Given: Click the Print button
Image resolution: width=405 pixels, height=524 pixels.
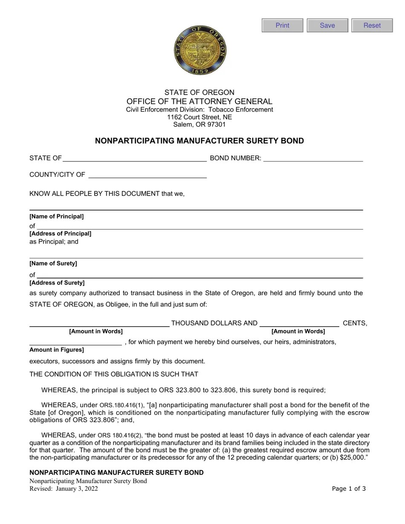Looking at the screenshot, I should coord(282,26).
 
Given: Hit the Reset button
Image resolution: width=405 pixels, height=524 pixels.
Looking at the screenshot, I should coord(372,26).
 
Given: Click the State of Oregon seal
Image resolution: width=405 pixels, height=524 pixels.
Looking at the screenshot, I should coord(200,50).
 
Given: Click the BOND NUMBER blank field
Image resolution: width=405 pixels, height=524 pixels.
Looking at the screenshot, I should coord(313,158).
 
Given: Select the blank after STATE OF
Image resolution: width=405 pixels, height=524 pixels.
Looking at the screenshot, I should coord(135,158).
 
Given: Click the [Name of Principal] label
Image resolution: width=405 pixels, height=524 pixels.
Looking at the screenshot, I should coord(57,216).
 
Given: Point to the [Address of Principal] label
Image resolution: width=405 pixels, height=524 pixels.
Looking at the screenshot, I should coord(60,233).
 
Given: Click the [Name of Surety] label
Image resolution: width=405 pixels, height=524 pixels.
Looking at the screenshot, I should coord(53,263).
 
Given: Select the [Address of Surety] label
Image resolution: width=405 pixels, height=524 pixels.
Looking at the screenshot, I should coord(57,283).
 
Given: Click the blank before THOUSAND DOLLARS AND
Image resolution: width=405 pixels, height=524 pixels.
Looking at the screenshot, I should coord(99,323).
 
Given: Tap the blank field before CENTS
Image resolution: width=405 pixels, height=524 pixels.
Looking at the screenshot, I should coord(299,323).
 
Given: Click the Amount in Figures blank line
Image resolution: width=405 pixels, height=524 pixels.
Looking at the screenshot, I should coord(75,342).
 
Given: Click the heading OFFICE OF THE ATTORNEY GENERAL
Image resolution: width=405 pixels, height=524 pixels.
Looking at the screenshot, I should coord(200,101).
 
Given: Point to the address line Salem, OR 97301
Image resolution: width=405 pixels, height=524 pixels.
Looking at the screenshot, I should coord(200,124).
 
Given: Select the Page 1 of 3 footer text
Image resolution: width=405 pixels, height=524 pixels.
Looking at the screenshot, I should coord(349,489).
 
